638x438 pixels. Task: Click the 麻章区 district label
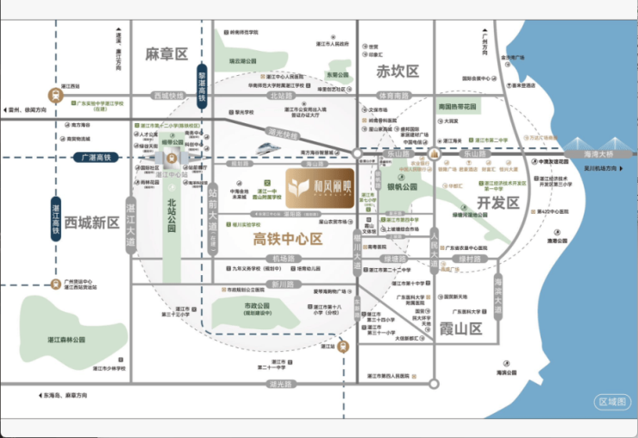click(167, 54)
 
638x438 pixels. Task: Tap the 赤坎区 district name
click(397, 72)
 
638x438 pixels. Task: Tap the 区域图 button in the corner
click(613, 402)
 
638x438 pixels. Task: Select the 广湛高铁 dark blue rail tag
click(98, 158)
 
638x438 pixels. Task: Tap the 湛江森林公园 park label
click(66, 340)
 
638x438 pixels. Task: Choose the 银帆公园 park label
click(402, 186)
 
